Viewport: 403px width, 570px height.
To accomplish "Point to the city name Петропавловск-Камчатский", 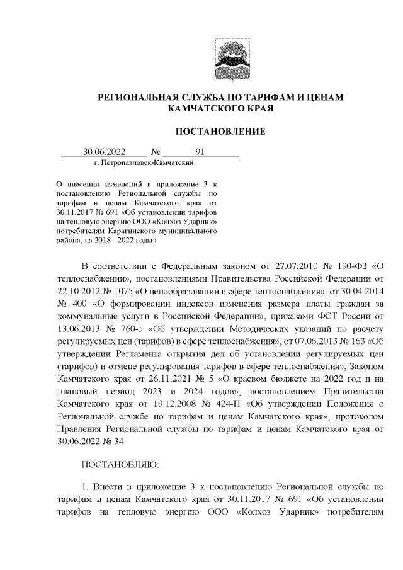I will (143, 163).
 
